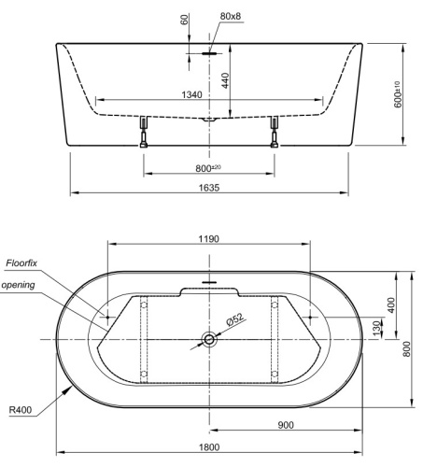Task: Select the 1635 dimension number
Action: [209, 187]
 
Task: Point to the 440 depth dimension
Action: [225, 81]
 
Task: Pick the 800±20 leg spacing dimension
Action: [208, 168]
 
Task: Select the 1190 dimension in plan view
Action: [208, 239]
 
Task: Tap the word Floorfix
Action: [21, 264]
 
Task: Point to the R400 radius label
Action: [21, 408]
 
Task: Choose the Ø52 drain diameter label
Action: [235, 319]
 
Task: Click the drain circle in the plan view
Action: [209, 340]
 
